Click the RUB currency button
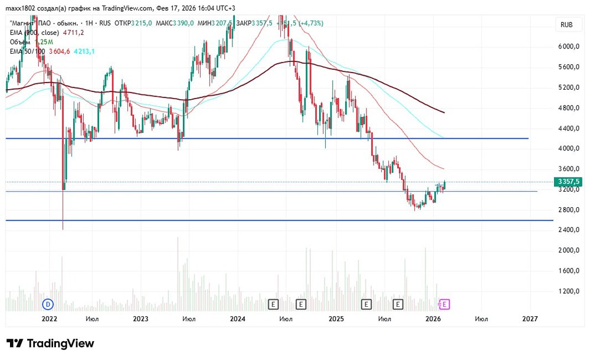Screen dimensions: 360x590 tap(566, 24)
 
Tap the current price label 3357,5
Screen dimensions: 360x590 tap(566, 182)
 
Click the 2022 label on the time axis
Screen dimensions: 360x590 tap(49, 319)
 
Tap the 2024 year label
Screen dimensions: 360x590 tap(238, 319)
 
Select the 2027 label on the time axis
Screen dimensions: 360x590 tap(530, 319)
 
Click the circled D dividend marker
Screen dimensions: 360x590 tap(48, 304)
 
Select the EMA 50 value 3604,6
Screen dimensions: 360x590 tap(60, 52)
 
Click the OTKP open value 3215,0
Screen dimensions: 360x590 tap(141, 23)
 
